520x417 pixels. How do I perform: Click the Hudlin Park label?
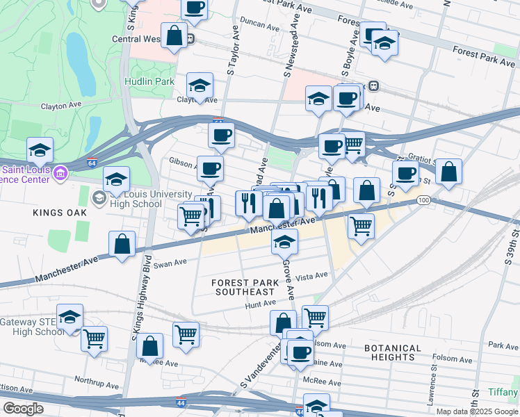coord(149,81)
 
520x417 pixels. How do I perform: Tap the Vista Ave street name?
coord(311,276)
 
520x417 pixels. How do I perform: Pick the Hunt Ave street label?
coord(261,304)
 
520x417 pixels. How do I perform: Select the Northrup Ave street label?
coord(98,381)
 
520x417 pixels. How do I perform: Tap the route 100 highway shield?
coord(422,200)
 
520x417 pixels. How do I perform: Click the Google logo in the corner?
coord(23,409)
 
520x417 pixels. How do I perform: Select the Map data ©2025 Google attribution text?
coord(477,411)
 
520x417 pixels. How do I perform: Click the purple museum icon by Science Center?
coord(60,172)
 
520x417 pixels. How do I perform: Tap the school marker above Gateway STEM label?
coord(70,316)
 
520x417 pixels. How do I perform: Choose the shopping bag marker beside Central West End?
coord(175,35)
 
